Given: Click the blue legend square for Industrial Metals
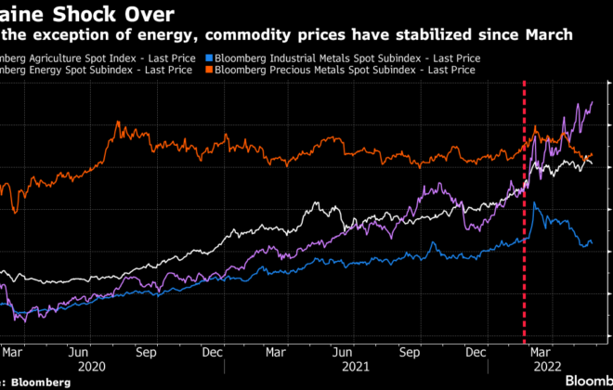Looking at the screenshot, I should pos(210,58).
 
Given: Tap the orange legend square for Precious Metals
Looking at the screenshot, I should pos(210,70).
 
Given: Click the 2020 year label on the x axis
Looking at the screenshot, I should pos(92,366).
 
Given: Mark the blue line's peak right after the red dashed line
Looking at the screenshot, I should pos(533,203).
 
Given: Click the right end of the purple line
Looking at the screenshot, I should pos(593,102).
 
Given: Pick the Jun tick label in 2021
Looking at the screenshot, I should pos(343,353).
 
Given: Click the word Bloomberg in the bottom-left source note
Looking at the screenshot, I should pos(41,382).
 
